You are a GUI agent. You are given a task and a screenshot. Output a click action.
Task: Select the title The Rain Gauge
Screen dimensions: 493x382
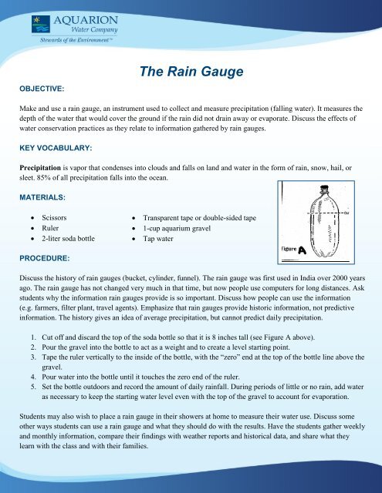[x=191, y=73]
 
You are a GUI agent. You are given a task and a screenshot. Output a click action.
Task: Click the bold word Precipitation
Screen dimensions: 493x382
[x=41, y=165]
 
